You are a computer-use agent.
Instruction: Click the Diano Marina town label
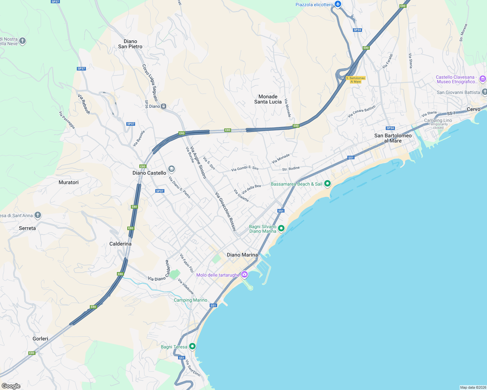tap(242, 255)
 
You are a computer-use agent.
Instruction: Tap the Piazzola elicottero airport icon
tap(338, 4)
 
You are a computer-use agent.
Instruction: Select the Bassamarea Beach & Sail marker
tap(327, 184)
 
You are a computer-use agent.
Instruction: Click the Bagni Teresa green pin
tap(192, 346)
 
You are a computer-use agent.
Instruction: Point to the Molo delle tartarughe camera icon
tap(244, 275)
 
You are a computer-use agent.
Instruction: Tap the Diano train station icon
tap(164, 106)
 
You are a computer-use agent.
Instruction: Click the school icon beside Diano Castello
tap(172, 169)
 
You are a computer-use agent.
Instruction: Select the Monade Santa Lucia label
tap(268, 99)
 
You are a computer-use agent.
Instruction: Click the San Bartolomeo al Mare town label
tap(393, 138)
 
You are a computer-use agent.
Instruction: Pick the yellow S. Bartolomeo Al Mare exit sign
tap(355, 80)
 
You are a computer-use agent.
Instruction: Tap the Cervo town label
tap(473, 109)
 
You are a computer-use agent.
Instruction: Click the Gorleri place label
tap(40, 339)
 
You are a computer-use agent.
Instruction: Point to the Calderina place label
tap(120, 244)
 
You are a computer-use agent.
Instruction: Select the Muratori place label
tap(68, 182)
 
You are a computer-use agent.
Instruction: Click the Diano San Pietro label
tap(130, 44)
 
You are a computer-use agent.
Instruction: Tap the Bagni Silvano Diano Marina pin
tap(281, 228)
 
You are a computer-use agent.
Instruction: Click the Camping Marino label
tap(190, 300)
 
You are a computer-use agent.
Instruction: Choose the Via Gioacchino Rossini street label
tap(226, 212)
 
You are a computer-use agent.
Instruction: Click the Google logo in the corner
tap(11, 386)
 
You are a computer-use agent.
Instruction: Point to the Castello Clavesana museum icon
tap(483, 79)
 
